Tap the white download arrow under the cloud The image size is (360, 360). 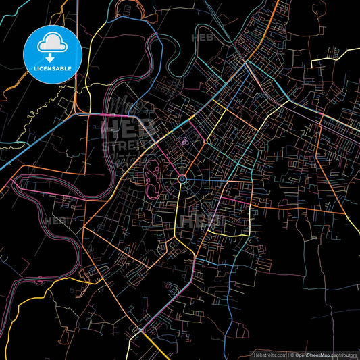pos(52,57)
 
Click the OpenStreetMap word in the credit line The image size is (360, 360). pos(315,354)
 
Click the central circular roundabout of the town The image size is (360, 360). pos(182,178)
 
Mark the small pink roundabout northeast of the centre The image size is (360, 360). pos(203,143)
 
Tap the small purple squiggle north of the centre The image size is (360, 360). pos(185,143)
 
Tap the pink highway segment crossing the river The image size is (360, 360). pos(128,115)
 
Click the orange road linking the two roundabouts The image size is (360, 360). pos(193,160)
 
